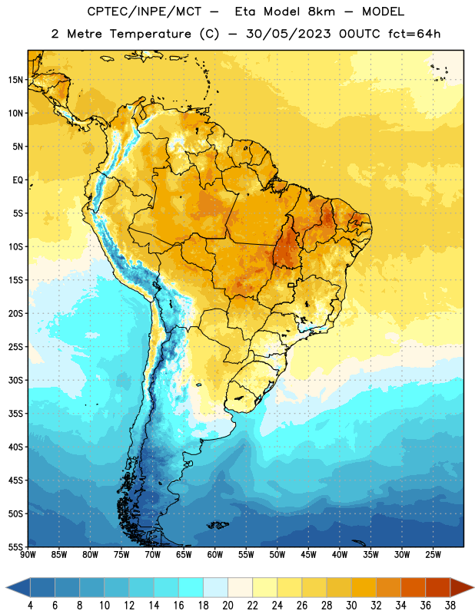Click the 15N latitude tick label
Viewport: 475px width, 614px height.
pos(15,80)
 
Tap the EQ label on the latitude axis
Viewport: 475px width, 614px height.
pos(18,180)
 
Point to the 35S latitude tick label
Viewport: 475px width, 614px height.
pos(15,414)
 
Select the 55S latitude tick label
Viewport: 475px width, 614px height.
pos(15,546)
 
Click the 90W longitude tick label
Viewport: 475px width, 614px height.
pos(28,555)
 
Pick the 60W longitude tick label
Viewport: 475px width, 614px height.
pos(215,555)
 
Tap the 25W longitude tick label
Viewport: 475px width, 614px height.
pos(433,555)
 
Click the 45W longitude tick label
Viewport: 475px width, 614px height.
pos(308,555)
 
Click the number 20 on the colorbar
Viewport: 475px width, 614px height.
pos(228,606)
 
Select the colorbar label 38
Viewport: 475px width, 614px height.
pos(450,606)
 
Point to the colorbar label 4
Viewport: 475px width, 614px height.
pos(30,606)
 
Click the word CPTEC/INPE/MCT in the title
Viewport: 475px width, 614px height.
pos(144,12)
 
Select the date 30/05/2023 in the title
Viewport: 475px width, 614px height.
pos(289,34)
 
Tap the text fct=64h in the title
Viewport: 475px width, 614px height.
pos(414,34)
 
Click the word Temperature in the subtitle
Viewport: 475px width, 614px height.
pos(150,34)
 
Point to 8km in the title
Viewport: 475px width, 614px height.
pos(321,12)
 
